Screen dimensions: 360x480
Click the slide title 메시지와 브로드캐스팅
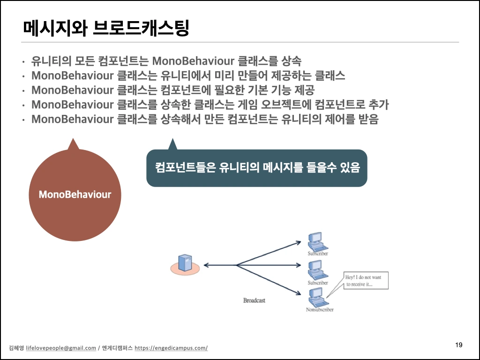[105, 28]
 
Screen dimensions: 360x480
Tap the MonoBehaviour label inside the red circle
[75, 194]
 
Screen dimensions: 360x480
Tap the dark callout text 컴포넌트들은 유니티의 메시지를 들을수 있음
[257, 168]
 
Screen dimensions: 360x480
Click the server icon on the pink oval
[185, 263]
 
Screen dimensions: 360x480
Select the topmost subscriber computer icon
[317, 242]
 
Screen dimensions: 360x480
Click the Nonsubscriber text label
[319, 310]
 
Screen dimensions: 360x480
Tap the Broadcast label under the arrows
[254, 300]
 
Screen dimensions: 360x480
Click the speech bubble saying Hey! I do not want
[365, 280]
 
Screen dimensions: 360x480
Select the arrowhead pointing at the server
[207, 265]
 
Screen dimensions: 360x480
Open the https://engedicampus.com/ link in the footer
[171, 348]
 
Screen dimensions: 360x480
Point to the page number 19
[459, 345]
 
